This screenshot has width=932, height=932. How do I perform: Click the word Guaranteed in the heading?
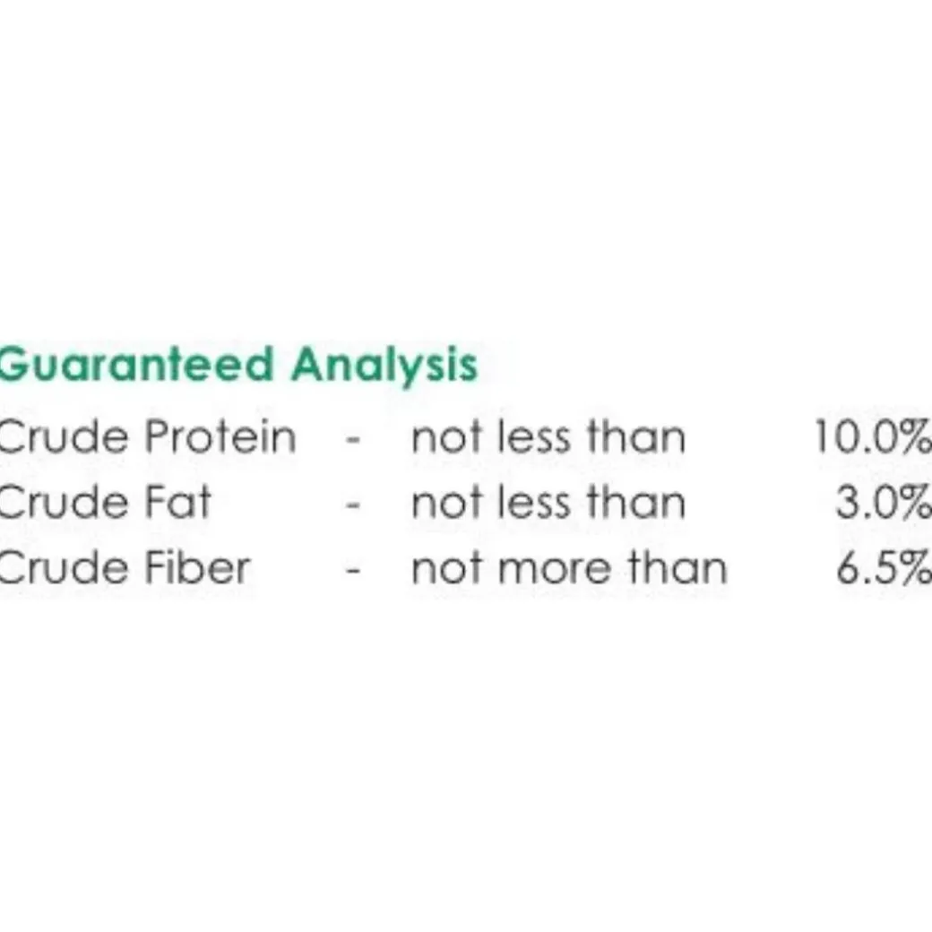click(135, 364)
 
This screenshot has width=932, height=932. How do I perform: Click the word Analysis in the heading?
click(384, 366)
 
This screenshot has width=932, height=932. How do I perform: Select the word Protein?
click(220, 437)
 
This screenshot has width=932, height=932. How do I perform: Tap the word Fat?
click(177, 502)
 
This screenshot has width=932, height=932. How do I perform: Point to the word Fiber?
click(197, 566)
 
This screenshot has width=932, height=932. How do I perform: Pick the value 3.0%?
click(884, 502)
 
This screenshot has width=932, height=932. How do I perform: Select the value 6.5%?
click(884, 567)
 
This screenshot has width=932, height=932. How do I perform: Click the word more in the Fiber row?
click(555, 569)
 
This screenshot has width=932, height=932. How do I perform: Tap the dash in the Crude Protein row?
click(353, 440)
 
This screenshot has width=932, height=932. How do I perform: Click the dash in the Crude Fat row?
click(353, 505)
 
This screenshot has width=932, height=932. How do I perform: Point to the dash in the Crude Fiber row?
click(353, 571)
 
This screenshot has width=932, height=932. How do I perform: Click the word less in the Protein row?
click(534, 437)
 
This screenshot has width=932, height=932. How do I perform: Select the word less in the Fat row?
click(534, 502)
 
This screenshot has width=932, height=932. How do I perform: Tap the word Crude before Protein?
click(64, 437)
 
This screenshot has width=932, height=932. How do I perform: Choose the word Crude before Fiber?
click(64, 567)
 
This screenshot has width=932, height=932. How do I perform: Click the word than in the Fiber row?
click(678, 567)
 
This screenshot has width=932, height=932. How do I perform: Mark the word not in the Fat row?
click(446, 504)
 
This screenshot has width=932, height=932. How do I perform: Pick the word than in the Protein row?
click(636, 437)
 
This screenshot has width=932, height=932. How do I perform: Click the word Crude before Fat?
click(64, 502)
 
